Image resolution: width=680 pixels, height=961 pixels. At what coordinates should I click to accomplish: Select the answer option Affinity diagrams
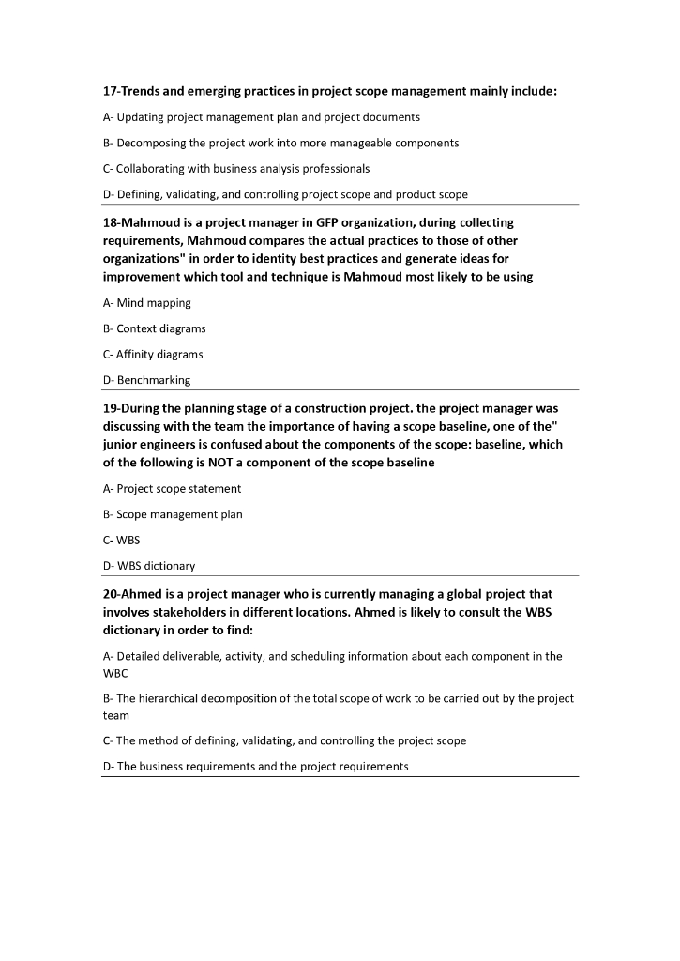(159, 355)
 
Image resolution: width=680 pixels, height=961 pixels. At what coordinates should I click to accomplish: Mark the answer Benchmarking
(153, 381)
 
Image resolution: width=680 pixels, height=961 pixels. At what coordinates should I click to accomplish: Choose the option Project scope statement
(178, 489)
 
